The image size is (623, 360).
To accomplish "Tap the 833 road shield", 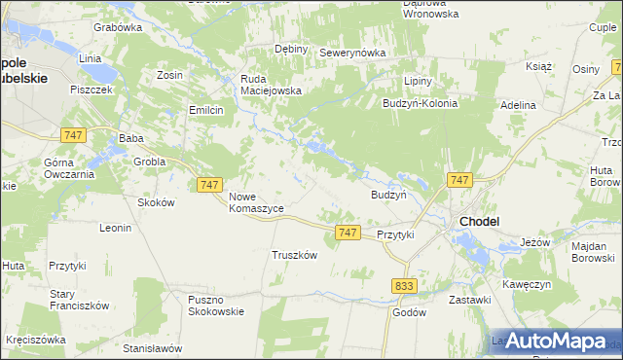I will (x=406, y=285).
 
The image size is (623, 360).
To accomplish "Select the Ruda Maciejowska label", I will (x=272, y=85).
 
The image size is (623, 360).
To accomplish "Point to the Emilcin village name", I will (x=206, y=111).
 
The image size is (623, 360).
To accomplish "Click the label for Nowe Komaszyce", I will (x=256, y=202).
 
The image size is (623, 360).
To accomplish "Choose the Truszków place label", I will (x=295, y=255).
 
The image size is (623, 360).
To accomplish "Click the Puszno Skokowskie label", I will (x=217, y=305).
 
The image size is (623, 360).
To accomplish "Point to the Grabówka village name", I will (x=118, y=27).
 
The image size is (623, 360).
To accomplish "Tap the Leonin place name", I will (x=115, y=228).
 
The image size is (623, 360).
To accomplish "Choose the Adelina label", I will (x=518, y=104).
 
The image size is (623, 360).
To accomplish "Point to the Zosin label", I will (x=169, y=74).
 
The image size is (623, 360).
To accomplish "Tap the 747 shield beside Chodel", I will (x=460, y=180).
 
